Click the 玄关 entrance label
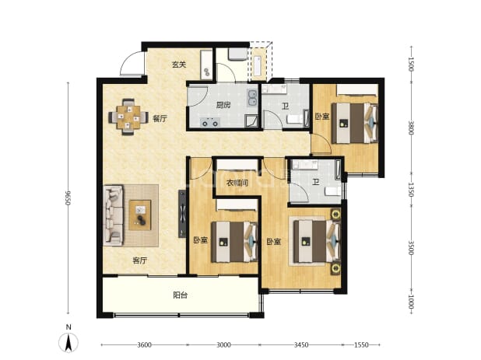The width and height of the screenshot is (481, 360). [x=179, y=65]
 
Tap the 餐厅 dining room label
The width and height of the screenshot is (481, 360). [x=160, y=118]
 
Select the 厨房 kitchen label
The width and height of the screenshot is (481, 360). [x=223, y=106]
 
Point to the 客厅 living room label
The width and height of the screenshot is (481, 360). [x=139, y=260]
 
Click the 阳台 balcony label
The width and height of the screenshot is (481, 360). [x=181, y=295]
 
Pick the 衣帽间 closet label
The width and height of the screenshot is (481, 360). [x=237, y=183]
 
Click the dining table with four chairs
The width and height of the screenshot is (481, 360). [x=128, y=117]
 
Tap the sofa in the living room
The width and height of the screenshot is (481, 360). [x=113, y=215]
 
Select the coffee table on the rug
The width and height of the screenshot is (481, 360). [x=140, y=215]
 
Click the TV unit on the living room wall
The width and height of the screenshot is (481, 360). [x=182, y=214]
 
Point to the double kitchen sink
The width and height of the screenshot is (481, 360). [x=252, y=98]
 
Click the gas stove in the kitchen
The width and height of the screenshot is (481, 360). [x=210, y=123]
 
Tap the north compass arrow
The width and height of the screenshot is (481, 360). [x=68, y=343]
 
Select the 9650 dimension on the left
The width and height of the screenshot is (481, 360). [x=68, y=198]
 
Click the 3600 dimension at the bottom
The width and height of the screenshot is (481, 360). [x=144, y=345]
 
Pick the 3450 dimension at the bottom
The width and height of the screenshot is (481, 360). [x=301, y=345]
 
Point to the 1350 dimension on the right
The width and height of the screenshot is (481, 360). [x=411, y=190]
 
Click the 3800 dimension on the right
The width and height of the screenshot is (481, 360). [x=411, y=128]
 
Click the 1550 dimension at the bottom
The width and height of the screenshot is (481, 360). [x=361, y=345]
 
